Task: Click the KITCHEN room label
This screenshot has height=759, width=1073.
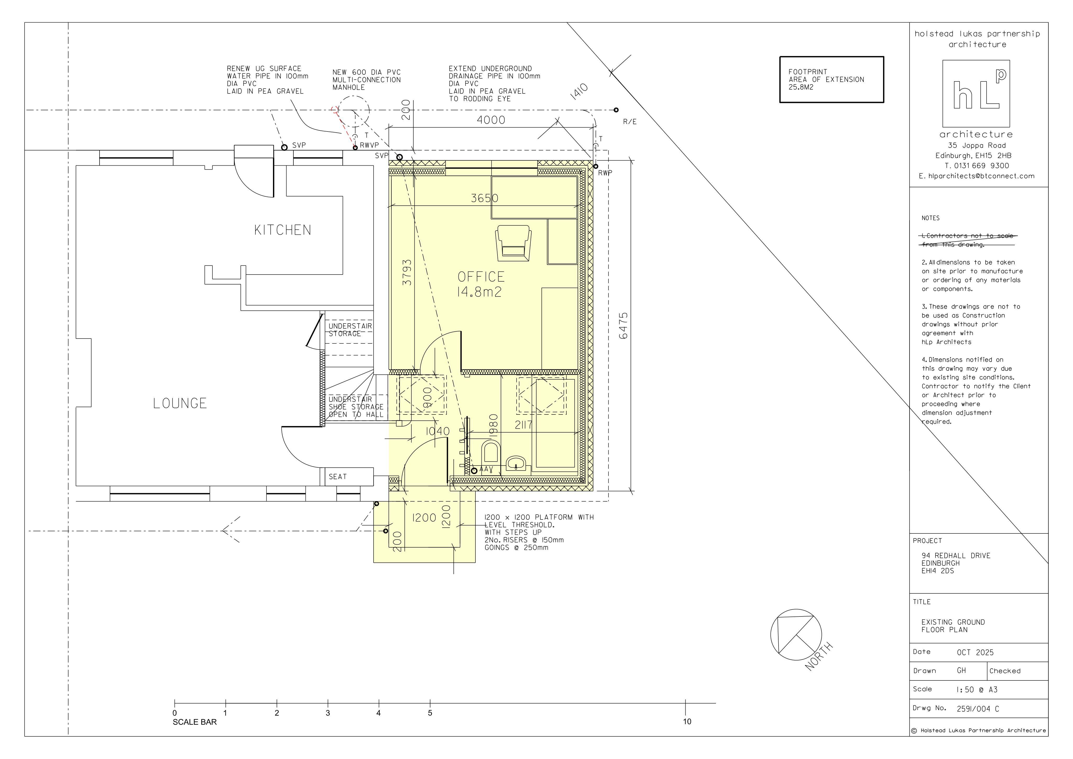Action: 282,230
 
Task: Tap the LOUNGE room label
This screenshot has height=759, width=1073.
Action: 180,403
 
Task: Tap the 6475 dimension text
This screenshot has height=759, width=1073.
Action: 623,326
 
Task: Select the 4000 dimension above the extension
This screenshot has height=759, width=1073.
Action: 491,120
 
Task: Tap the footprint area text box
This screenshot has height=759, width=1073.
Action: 831,79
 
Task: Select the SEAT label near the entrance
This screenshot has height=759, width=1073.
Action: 337,477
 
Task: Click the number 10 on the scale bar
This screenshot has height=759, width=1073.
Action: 687,722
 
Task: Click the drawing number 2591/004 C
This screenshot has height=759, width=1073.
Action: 978,709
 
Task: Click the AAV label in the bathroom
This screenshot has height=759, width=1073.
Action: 486,469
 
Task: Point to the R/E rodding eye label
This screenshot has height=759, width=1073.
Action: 629,122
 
